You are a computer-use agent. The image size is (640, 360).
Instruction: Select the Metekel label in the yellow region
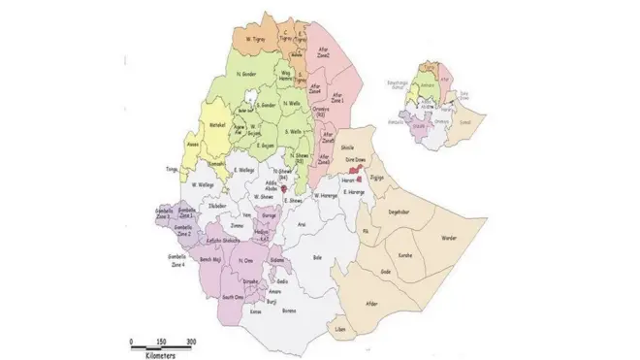(217, 125)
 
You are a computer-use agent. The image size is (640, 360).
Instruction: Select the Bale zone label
(316, 258)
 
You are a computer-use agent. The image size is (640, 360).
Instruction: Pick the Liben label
(338, 331)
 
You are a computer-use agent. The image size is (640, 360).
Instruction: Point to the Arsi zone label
(302, 222)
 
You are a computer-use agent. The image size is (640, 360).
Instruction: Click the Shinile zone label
(348, 148)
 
